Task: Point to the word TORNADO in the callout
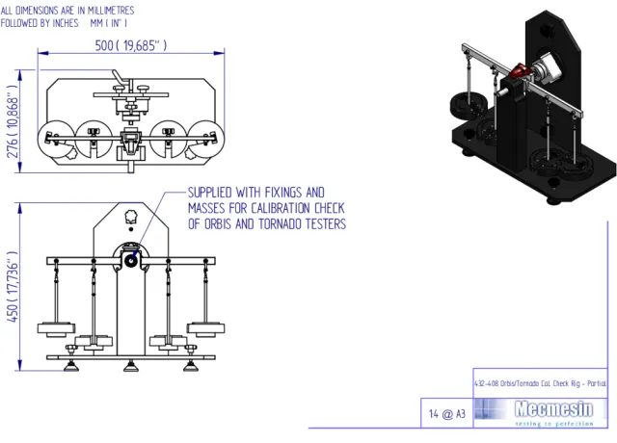click(287, 224)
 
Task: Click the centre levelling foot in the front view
click(131, 364)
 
